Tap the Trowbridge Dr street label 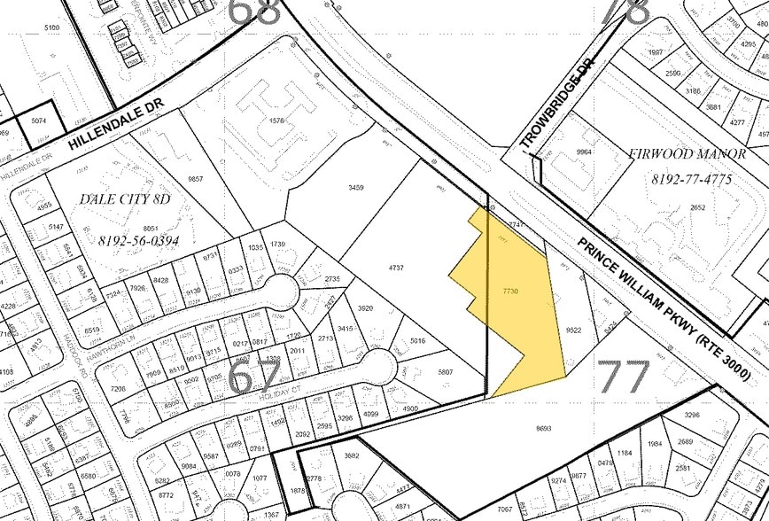(x=555, y=113)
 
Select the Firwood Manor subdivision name (x=687, y=153)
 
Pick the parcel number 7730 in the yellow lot (x=509, y=292)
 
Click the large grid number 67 (x=256, y=377)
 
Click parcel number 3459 (x=356, y=188)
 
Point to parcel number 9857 (x=196, y=179)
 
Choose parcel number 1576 (x=281, y=121)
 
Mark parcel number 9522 (x=572, y=330)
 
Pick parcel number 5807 (x=445, y=372)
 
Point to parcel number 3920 (x=364, y=308)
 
